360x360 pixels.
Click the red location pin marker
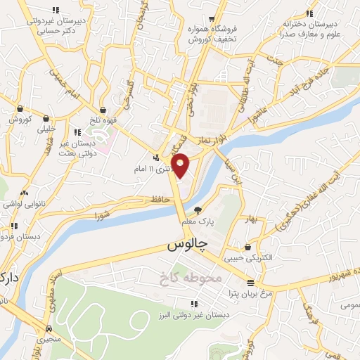pyautogui.click(x=181, y=165)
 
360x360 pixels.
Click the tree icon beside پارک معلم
pyautogui.click(x=198, y=209)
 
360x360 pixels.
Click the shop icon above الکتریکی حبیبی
pyautogui.click(x=248, y=247)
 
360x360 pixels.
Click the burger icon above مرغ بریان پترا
pyautogui.click(x=251, y=282)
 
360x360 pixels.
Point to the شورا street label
pyautogui.click(x=103, y=211)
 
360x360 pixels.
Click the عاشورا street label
pyautogui.click(x=260, y=110)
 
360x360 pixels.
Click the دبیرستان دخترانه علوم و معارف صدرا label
pyautogui.click(x=309, y=29)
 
